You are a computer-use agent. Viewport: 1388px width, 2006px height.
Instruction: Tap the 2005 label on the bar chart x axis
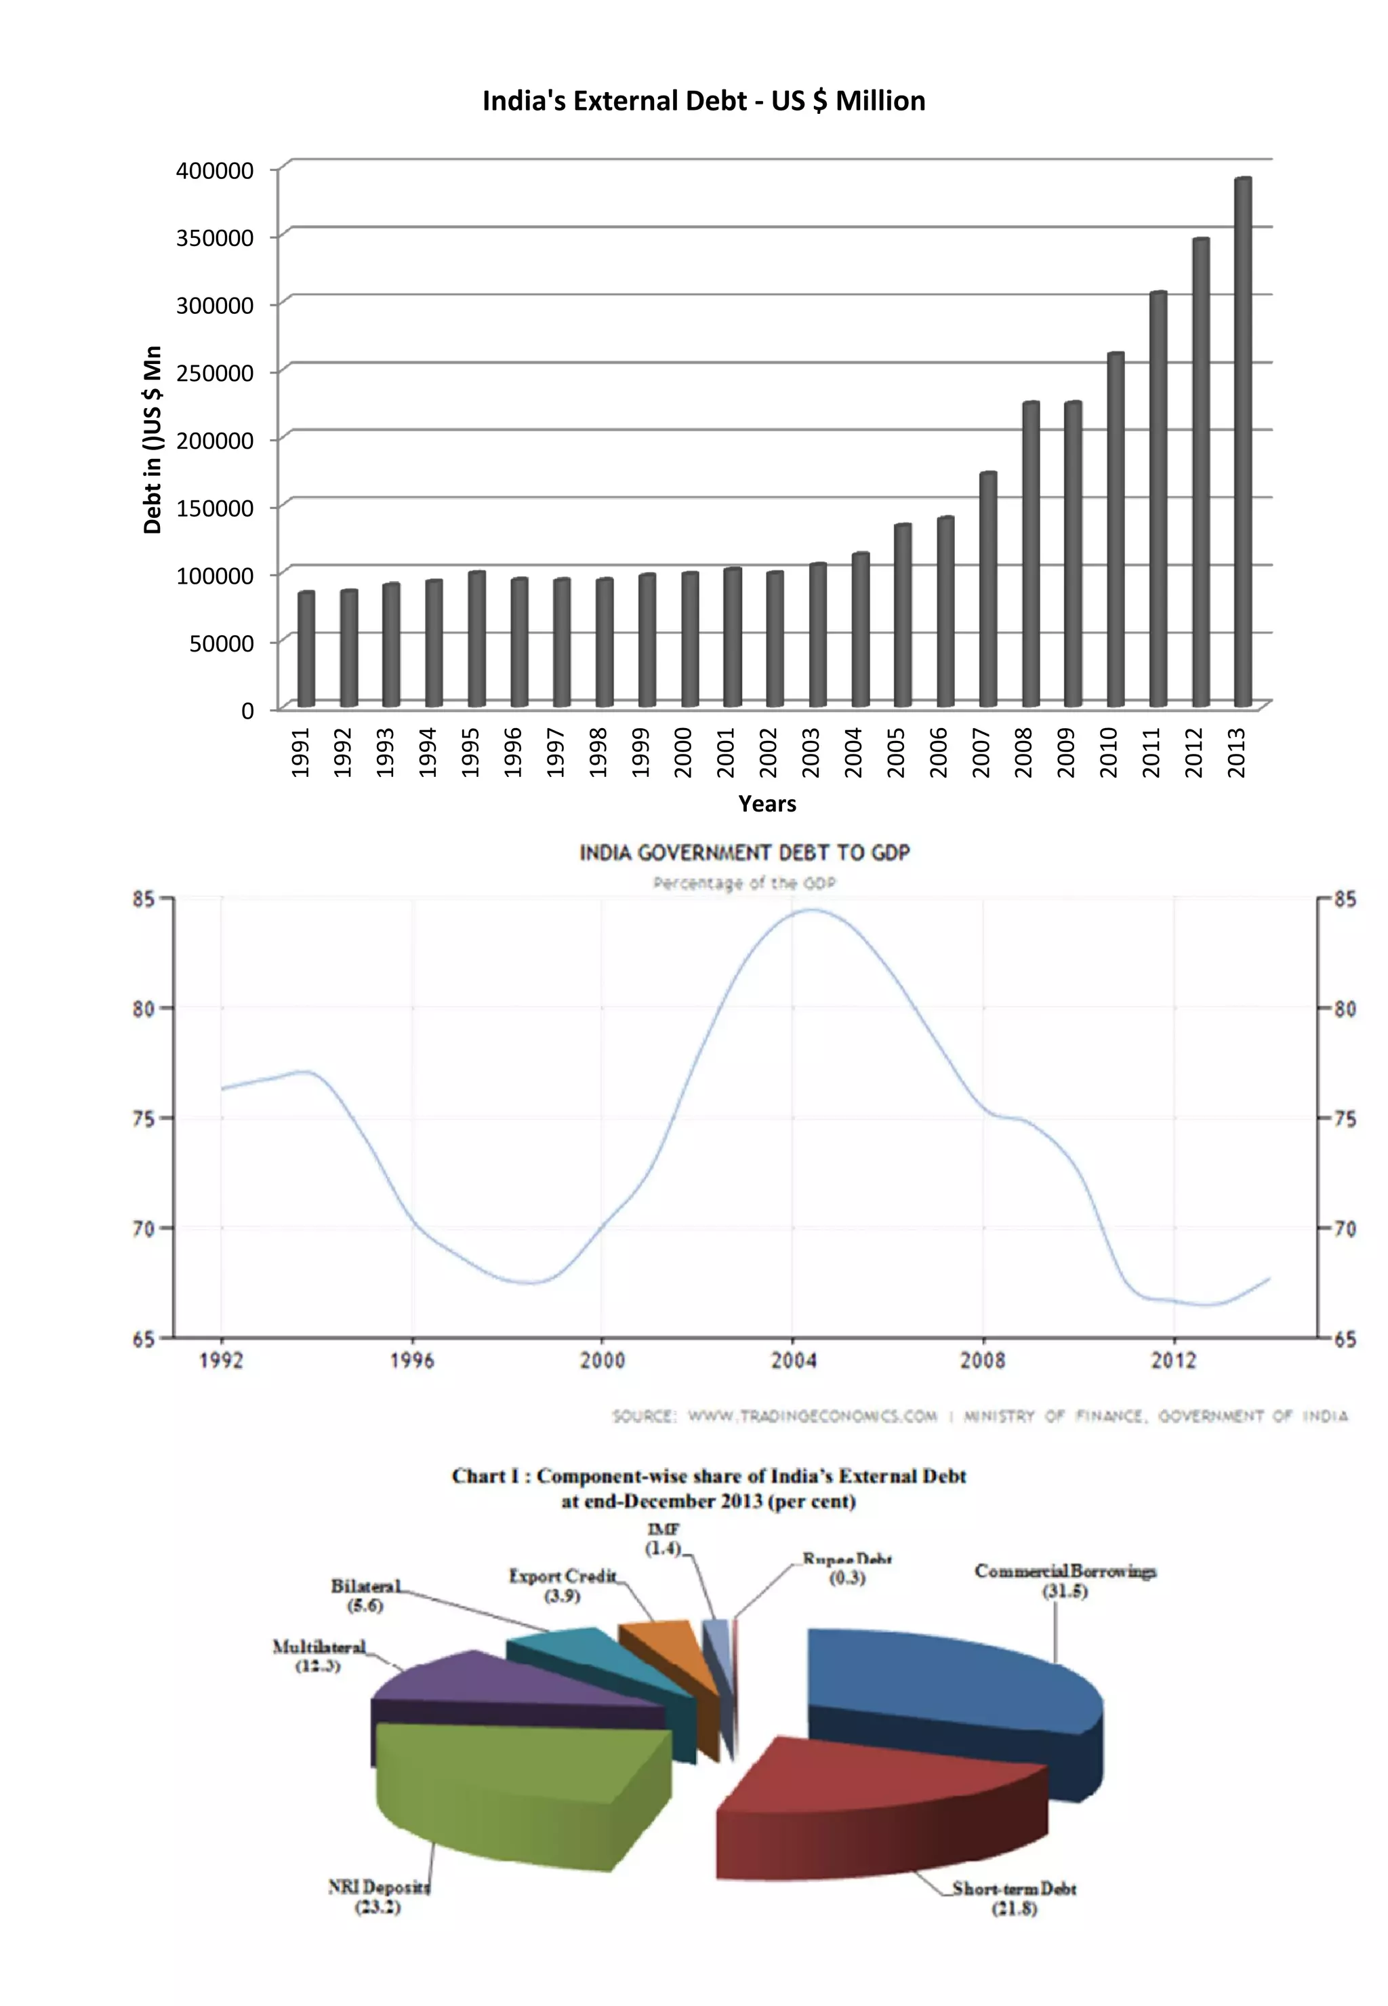896,753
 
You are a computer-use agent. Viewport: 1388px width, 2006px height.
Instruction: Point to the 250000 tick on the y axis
215,373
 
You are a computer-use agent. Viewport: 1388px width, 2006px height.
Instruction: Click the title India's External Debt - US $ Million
703,101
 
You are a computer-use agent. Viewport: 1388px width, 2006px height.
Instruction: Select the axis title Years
767,804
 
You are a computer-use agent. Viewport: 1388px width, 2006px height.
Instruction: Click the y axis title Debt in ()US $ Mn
153,439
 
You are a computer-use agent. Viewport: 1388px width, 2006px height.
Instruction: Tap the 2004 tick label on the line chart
793,1361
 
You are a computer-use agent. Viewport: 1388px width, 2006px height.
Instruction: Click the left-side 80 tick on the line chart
144,1008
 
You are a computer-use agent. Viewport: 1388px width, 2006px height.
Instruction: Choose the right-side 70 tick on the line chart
1345,1228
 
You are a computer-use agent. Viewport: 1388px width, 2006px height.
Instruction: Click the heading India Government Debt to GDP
744,853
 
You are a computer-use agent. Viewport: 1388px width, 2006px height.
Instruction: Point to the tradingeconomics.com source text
813,1416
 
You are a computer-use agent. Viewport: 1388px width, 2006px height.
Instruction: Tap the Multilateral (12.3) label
319,1656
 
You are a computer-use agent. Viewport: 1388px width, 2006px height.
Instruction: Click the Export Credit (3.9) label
563,1585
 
